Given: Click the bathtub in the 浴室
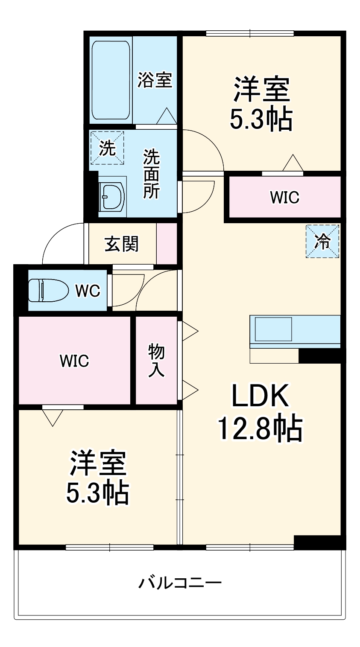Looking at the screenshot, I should pos(111,80).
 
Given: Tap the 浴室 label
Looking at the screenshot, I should pos(155,80).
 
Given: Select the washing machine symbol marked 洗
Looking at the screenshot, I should pos(107,147).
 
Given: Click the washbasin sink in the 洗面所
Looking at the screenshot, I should pos(112,197).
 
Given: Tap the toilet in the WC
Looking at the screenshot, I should pos(48,290).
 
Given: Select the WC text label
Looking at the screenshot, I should pos(88,291).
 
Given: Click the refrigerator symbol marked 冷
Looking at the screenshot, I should pos(322,242).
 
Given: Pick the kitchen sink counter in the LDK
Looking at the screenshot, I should pos(295,329).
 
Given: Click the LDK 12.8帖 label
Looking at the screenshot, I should pos(260,412).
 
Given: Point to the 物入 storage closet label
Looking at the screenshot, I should pos(156,361).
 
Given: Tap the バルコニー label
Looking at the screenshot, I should pos(180,583).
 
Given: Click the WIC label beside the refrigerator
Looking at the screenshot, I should pos(284,197).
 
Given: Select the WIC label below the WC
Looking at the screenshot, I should pos(74,361).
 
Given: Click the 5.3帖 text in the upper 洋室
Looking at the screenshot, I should pos(261,120).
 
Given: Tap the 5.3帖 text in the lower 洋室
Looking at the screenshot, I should pos(97,494).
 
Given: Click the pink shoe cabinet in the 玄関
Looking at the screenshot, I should pos(167,244).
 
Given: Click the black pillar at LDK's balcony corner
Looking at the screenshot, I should pos(319,542).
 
